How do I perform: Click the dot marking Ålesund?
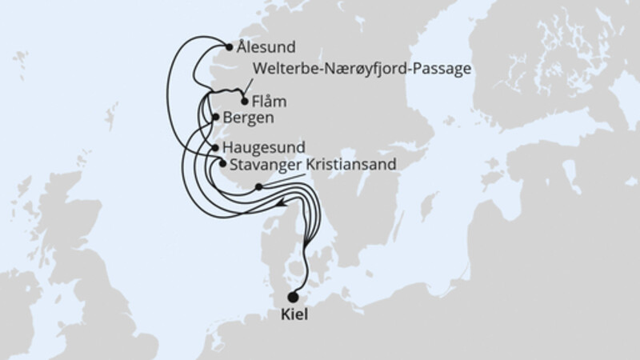(230, 46)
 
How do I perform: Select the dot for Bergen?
(214, 118)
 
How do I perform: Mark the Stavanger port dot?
(222, 165)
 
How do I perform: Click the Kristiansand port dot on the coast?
(258, 187)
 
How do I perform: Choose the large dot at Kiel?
(293, 296)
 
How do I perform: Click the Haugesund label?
(262, 149)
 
